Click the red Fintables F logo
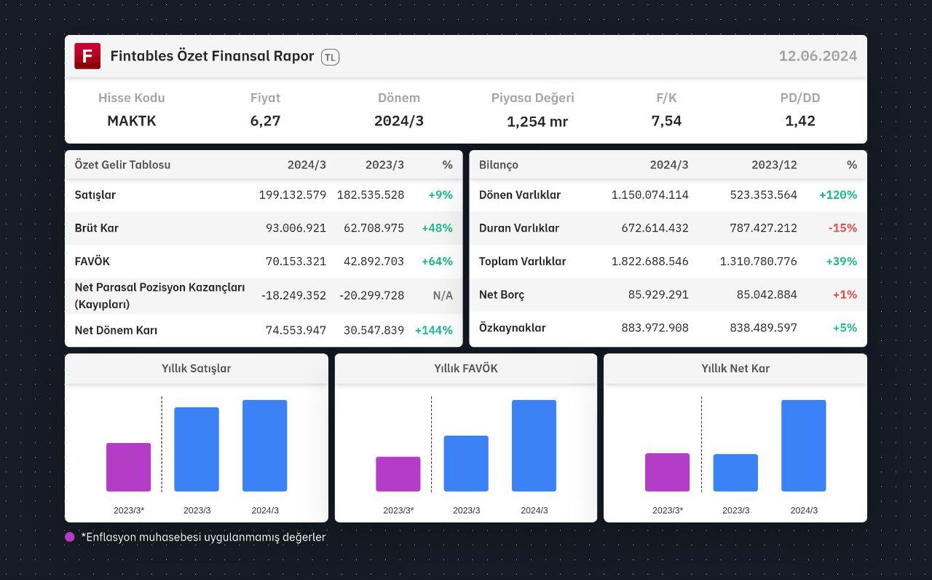(87, 56)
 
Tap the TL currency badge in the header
(330, 57)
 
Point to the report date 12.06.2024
(818, 56)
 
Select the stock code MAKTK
(132, 121)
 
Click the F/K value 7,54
(666, 121)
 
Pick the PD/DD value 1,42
(799, 121)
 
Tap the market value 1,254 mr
(537, 122)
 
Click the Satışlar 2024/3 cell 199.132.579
(293, 195)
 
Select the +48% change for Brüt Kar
(437, 228)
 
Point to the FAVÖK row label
(92, 261)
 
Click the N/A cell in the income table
(443, 296)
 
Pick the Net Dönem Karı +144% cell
(433, 330)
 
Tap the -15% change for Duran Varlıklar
(842, 228)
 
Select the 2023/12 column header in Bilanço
(774, 165)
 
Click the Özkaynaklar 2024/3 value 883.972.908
(655, 328)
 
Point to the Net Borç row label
(502, 295)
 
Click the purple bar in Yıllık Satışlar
(129, 467)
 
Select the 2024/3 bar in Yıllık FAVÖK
(534, 445)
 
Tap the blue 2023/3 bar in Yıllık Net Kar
(735, 473)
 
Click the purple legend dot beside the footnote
(69, 537)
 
